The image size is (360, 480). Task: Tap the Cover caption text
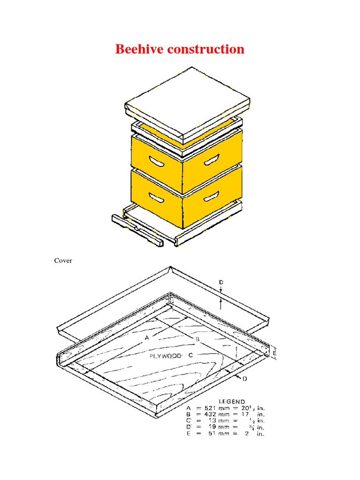tap(63, 261)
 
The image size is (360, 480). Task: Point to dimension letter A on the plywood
tap(147, 337)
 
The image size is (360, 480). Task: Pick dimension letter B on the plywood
tap(197, 338)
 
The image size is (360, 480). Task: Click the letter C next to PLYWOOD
tap(191, 356)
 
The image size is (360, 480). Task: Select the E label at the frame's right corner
tap(275, 351)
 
